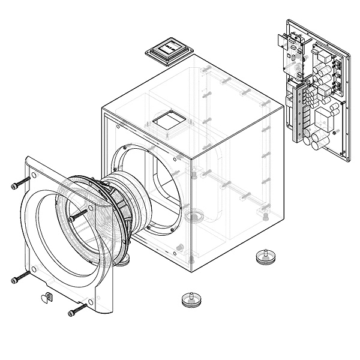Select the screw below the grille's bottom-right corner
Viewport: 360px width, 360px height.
(x=77, y=310)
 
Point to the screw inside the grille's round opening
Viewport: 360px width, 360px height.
(x=79, y=215)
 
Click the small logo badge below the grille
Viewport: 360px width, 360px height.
(x=47, y=296)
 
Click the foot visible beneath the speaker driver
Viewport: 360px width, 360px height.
(x=125, y=260)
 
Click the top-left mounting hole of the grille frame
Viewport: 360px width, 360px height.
(x=34, y=176)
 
